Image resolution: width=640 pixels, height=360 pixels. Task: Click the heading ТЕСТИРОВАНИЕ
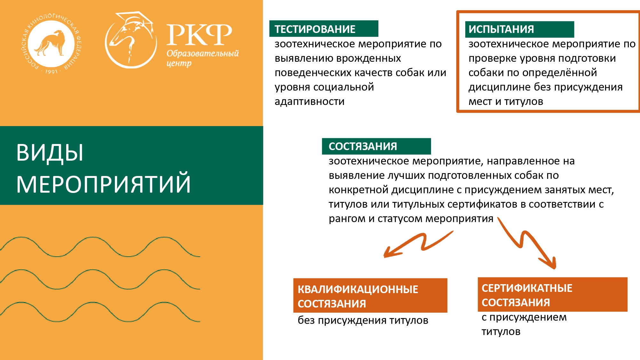click(x=315, y=29)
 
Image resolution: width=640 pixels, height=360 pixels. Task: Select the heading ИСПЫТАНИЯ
click(x=501, y=29)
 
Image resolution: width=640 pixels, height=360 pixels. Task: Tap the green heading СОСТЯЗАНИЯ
click(x=363, y=146)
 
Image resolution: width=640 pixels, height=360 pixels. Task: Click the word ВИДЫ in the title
click(x=50, y=152)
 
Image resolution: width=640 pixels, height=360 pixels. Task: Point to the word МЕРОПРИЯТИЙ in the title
click(x=103, y=184)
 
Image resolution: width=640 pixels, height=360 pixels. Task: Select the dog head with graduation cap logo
click(x=131, y=40)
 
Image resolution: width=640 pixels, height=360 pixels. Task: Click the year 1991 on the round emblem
click(x=51, y=72)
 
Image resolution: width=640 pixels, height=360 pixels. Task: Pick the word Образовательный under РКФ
click(x=203, y=53)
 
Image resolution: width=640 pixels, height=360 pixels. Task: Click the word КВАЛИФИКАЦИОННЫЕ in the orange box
click(x=358, y=289)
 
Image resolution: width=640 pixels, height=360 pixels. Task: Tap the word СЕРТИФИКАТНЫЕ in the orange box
click(x=527, y=288)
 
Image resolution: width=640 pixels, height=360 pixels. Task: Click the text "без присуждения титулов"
click(x=363, y=320)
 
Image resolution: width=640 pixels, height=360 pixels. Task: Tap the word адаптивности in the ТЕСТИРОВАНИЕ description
click(x=309, y=102)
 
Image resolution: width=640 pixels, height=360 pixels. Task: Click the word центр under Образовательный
click(x=179, y=64)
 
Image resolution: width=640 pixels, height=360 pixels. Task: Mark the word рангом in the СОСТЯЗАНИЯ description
click(x=347, y=219)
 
